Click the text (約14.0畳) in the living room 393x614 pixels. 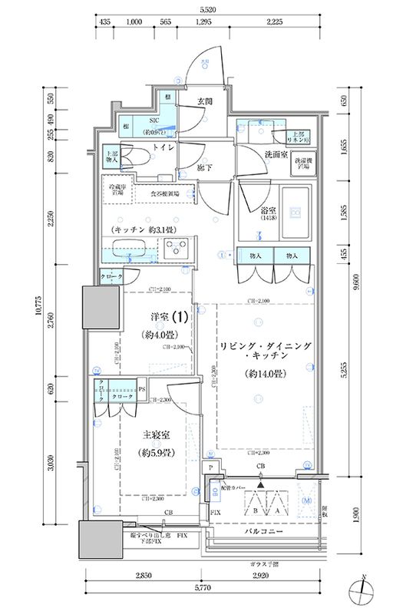pos(266,375)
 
